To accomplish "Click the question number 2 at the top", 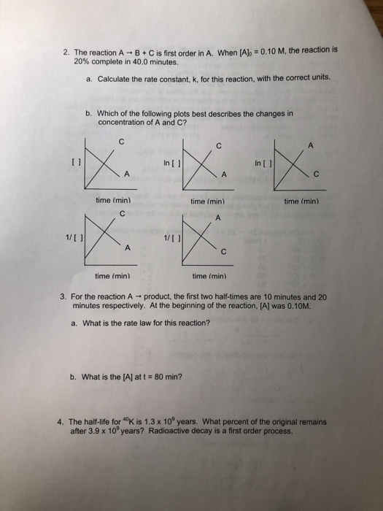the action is (x=65, y=53).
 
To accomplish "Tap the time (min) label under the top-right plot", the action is (x=303, y=199).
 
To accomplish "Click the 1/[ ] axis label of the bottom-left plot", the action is (x=74, y=234).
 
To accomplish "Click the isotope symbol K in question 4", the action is (x=131, y=422).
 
